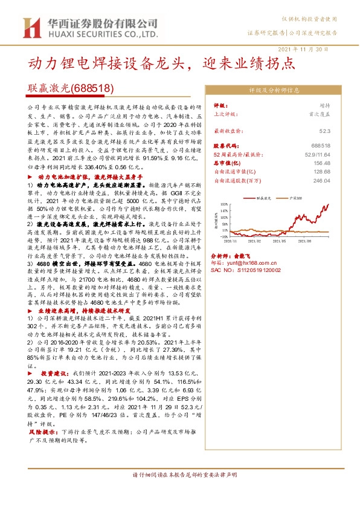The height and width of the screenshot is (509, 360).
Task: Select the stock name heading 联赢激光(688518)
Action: coord(71,88)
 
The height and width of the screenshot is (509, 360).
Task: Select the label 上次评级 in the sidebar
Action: coord(226,113)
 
